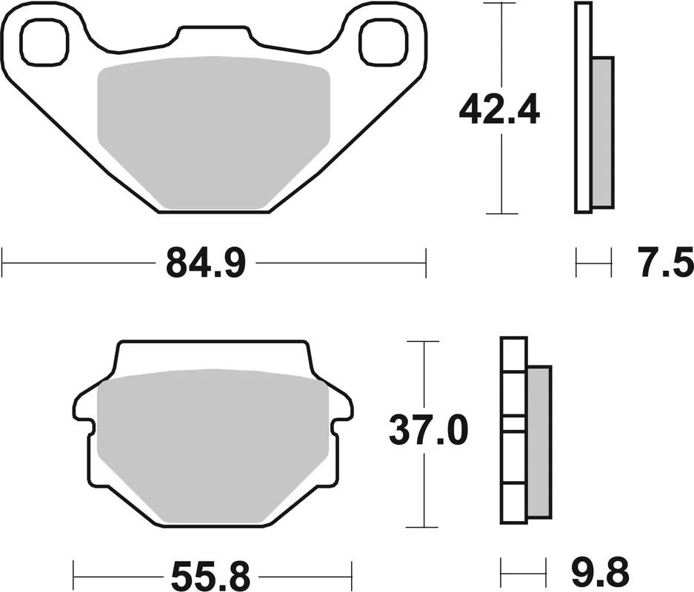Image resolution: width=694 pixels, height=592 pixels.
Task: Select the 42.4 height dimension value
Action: [x=500, y=110]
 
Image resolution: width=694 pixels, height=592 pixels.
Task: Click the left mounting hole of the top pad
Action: [x=44, y=41]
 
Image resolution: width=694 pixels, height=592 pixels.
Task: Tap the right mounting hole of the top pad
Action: [x=383, y=41]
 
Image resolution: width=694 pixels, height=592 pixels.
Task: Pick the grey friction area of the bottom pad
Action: [x=213, y=444]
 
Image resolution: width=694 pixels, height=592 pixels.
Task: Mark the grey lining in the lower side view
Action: [x=538, y=441]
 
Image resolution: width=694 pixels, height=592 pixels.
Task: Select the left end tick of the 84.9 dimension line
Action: [x=3, y=262]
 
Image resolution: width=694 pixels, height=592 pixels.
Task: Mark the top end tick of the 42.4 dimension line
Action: [x=502, y=4]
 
